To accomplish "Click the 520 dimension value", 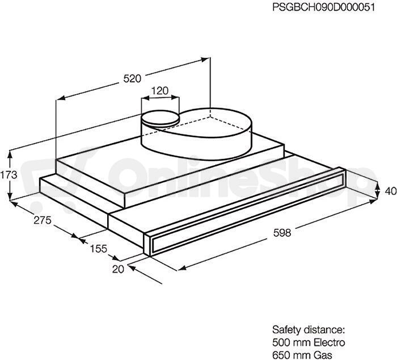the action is pyautogui.click(x=132, y=78).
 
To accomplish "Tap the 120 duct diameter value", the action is pyautogui.click(x=159, y=90).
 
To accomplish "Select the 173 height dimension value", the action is pyautogui.click(x=9, y=175).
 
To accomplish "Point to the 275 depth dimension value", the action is pyautogui.click(x=43, y=220).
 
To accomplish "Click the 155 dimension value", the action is pyautogui.click(x=99, y=249).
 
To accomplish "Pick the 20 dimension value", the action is pyautogui.click(x=118, y=269).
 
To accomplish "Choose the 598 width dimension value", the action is pyautogui.click(x=282, y=232).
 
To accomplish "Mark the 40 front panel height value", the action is pyautogui.click(x=391, y=191).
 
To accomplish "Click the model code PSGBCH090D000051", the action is pyautogui.click(x=323, y=7).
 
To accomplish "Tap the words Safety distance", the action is pyautogui.click(x=309, y=330).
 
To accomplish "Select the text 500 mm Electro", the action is pyautogui.click(x=309, y=342).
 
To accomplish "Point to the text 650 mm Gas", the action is pyautogui.click(x=302, y=355).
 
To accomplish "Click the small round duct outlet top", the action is pyautogui.click(x=161, y=118).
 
